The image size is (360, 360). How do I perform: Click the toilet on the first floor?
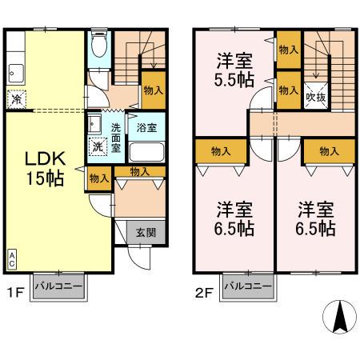tap(99, 44)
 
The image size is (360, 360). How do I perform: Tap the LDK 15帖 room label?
tap(45, 168)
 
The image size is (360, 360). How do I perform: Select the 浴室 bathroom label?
tap(146, 128)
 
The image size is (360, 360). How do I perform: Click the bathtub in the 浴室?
tap(146, 152)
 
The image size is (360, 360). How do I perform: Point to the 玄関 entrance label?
tap(146, 232)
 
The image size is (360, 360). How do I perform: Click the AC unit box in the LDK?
tap(12, 260)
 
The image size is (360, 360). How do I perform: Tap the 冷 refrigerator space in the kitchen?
tap(17, 99)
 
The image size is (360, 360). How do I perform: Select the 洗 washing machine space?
tap(98, 146)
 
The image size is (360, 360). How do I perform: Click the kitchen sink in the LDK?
tap(16, 74)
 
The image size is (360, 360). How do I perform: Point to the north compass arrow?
tap(340, 317)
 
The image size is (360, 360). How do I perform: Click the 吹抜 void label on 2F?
tap(316, 97)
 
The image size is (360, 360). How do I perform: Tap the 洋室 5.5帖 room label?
tap(234, 70)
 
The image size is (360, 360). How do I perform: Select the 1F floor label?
tap(15, 293)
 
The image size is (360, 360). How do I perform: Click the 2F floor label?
tap(204, 294)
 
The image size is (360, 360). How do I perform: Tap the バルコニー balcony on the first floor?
tap(58, 286)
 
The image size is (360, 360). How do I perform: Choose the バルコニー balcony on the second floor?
tap(248, 286)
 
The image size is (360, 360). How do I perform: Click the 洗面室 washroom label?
tap(116, 138)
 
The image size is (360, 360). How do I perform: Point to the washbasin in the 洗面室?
tap(94, 124)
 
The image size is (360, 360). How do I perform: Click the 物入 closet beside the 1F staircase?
tap(154, 90)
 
